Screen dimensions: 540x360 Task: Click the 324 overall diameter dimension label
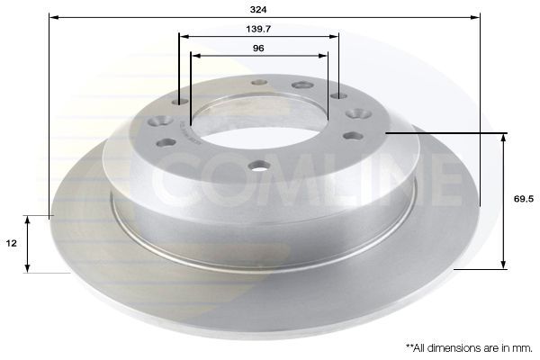pyautogui.click(x=258, y=10)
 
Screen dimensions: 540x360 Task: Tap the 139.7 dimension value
pyautogui.click(x=258, y=29)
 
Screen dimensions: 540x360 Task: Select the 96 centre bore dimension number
pyautogui.click(x=258, y=48)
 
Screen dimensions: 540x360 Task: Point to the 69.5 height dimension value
pyautogui.click(x=524, y=199)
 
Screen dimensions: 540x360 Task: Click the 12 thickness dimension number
pyautogui.click(x=12, y=243)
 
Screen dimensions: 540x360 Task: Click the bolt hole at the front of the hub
pyautogui.click(x=259, y=166)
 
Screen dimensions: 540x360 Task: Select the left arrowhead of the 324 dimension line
pyautogui.click(x=54, y=17)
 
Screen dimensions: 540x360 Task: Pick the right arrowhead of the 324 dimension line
pyautogui.click(x=475, y=17)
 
